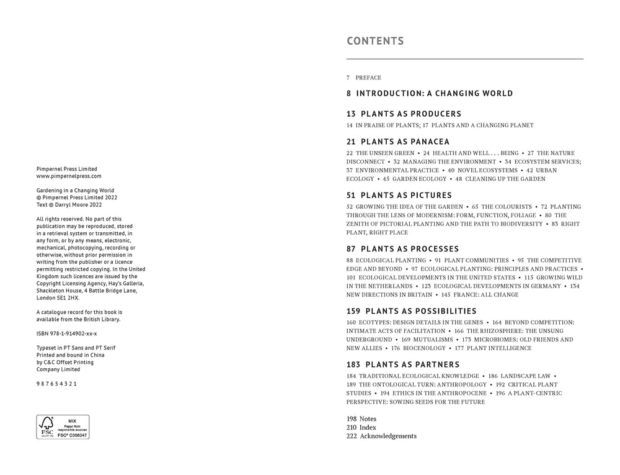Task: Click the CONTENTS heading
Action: coord(375,42)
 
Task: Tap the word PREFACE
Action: coord(368,78)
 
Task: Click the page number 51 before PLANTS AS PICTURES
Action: coord(351,196)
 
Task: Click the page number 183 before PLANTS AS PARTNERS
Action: coord(353,364)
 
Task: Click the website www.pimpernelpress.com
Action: coord(69,176)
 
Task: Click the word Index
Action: coord(368,427)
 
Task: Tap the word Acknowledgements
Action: coord(388,436)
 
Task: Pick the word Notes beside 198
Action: coord(368,418)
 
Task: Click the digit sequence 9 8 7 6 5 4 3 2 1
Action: coord(56,384)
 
